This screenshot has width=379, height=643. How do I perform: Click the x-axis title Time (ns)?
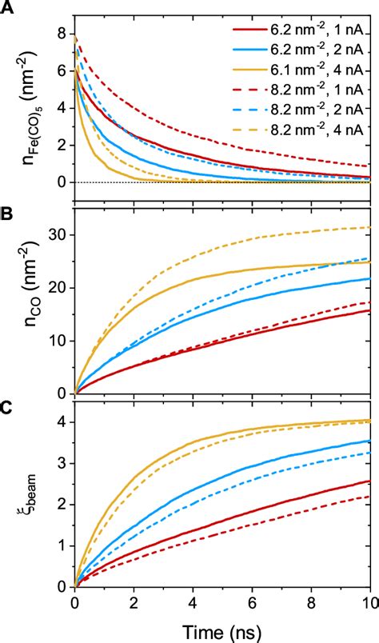(224, 630)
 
